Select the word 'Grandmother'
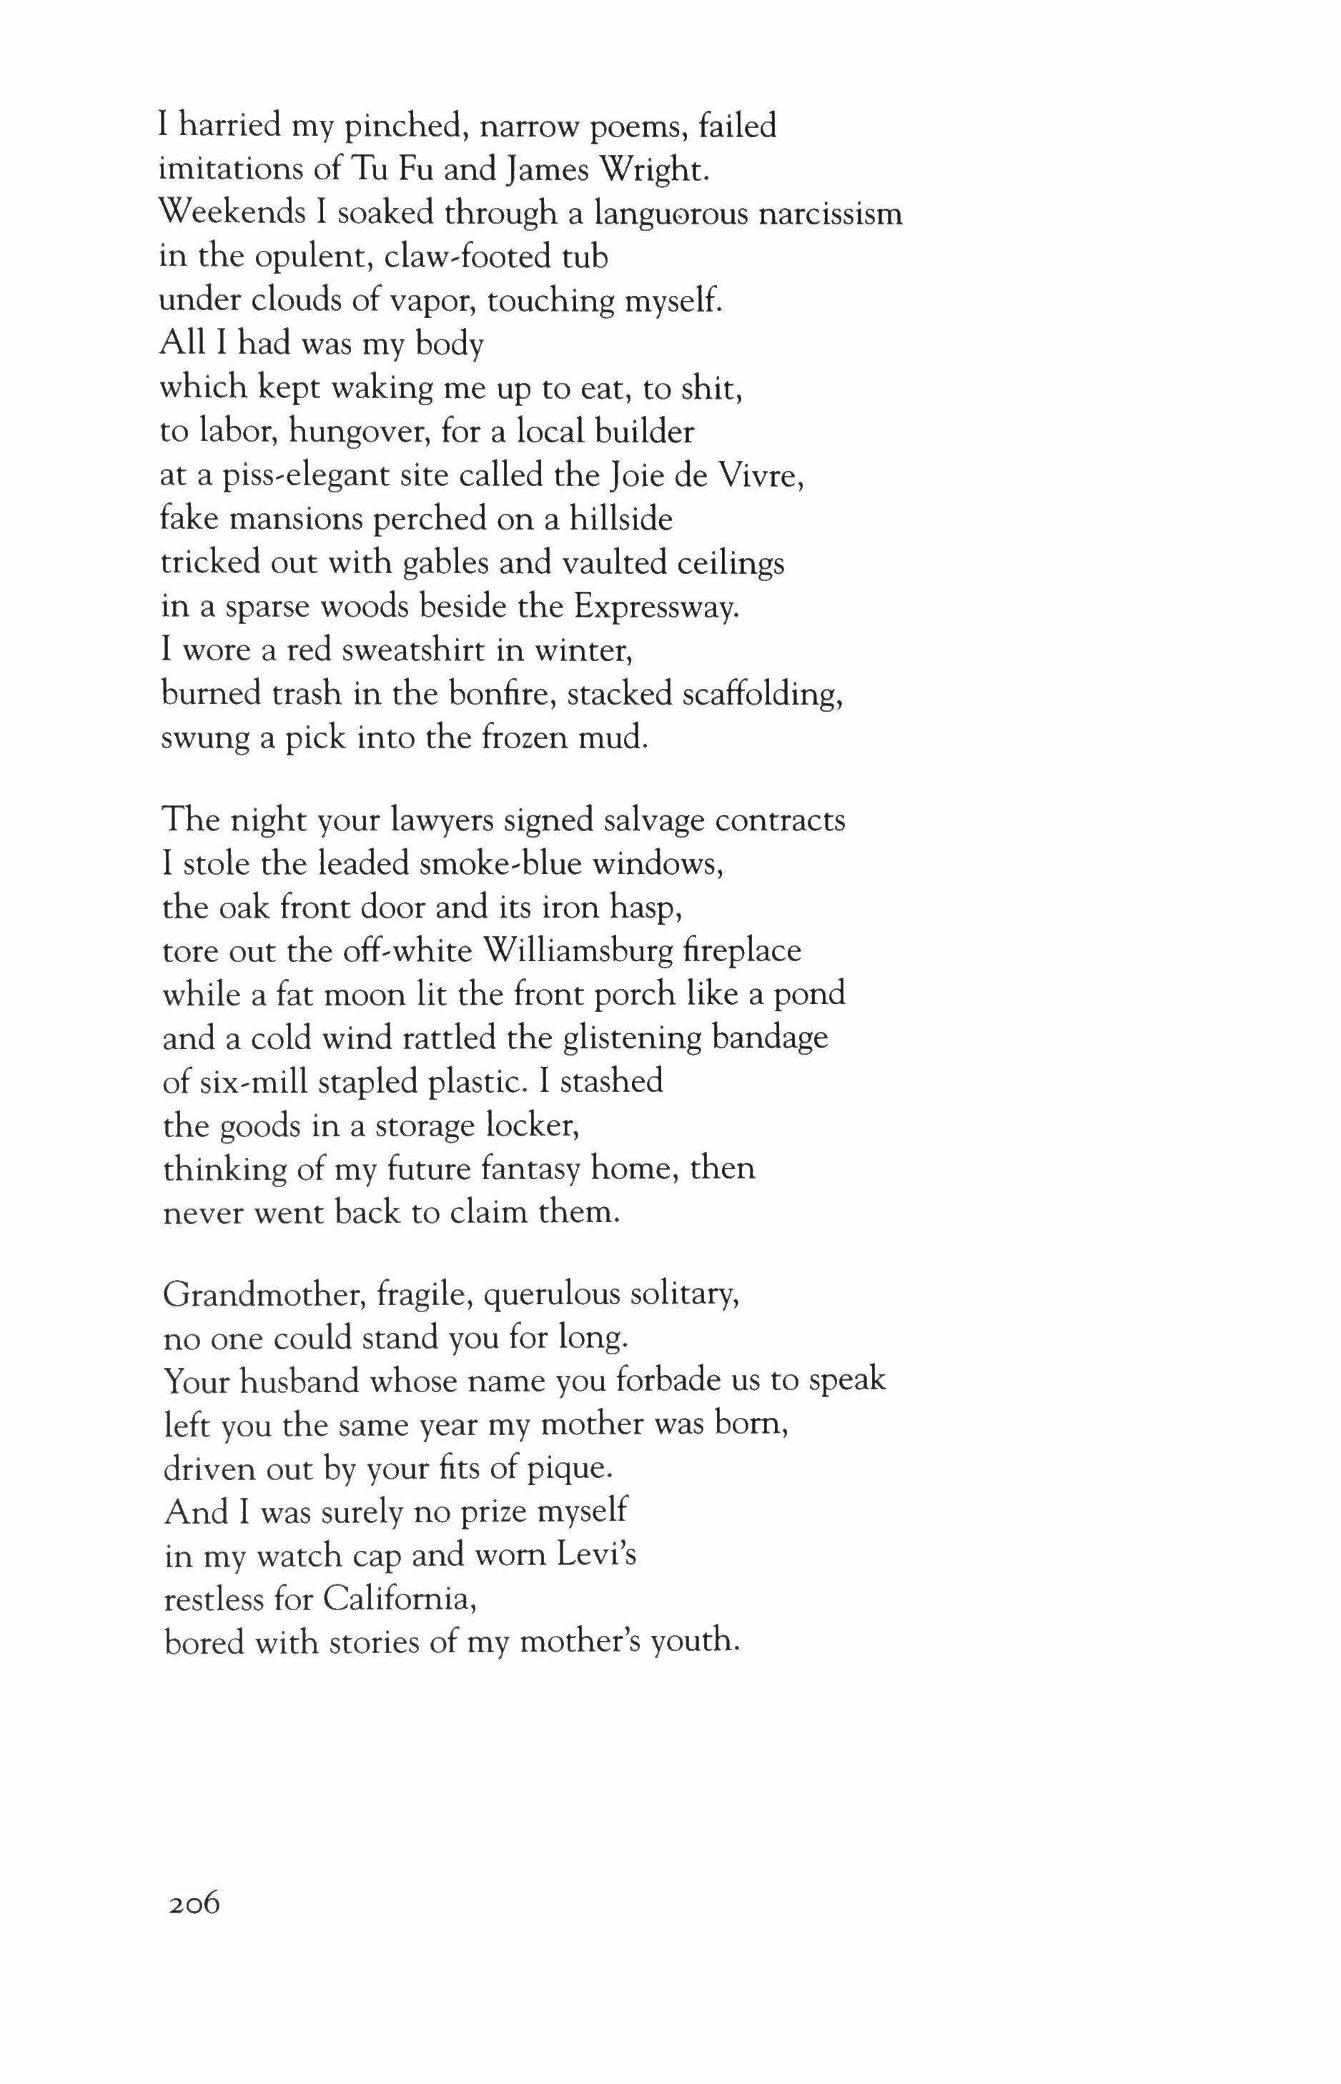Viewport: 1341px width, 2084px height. pos(263,1295)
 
